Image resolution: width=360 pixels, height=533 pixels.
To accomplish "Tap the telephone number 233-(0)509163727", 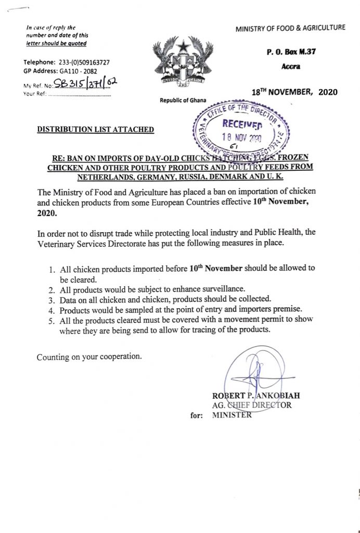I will click(82, 62).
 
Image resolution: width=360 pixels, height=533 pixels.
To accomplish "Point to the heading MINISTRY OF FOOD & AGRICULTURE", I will click(290, 27).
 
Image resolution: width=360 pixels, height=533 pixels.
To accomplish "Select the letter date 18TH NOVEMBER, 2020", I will click(294, 92).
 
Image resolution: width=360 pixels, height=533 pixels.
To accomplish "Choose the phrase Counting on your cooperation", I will click(89, 357).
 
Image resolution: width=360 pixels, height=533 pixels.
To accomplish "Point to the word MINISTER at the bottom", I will click(232, 415).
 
